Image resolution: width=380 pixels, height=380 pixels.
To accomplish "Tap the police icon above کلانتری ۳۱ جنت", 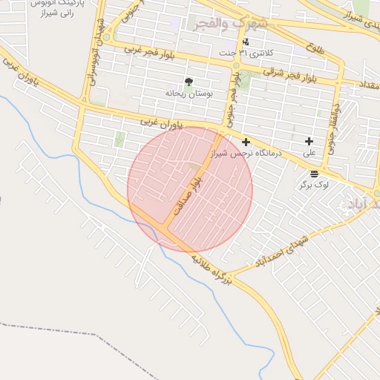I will pos(246,42).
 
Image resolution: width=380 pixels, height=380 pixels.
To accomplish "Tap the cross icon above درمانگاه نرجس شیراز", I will pos(246,141).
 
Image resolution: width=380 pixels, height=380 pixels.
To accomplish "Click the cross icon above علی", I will pos(309,141).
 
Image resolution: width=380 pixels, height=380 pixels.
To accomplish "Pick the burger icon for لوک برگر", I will pos(314,173).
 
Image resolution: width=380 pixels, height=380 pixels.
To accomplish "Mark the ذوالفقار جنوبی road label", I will pos(333,127).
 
